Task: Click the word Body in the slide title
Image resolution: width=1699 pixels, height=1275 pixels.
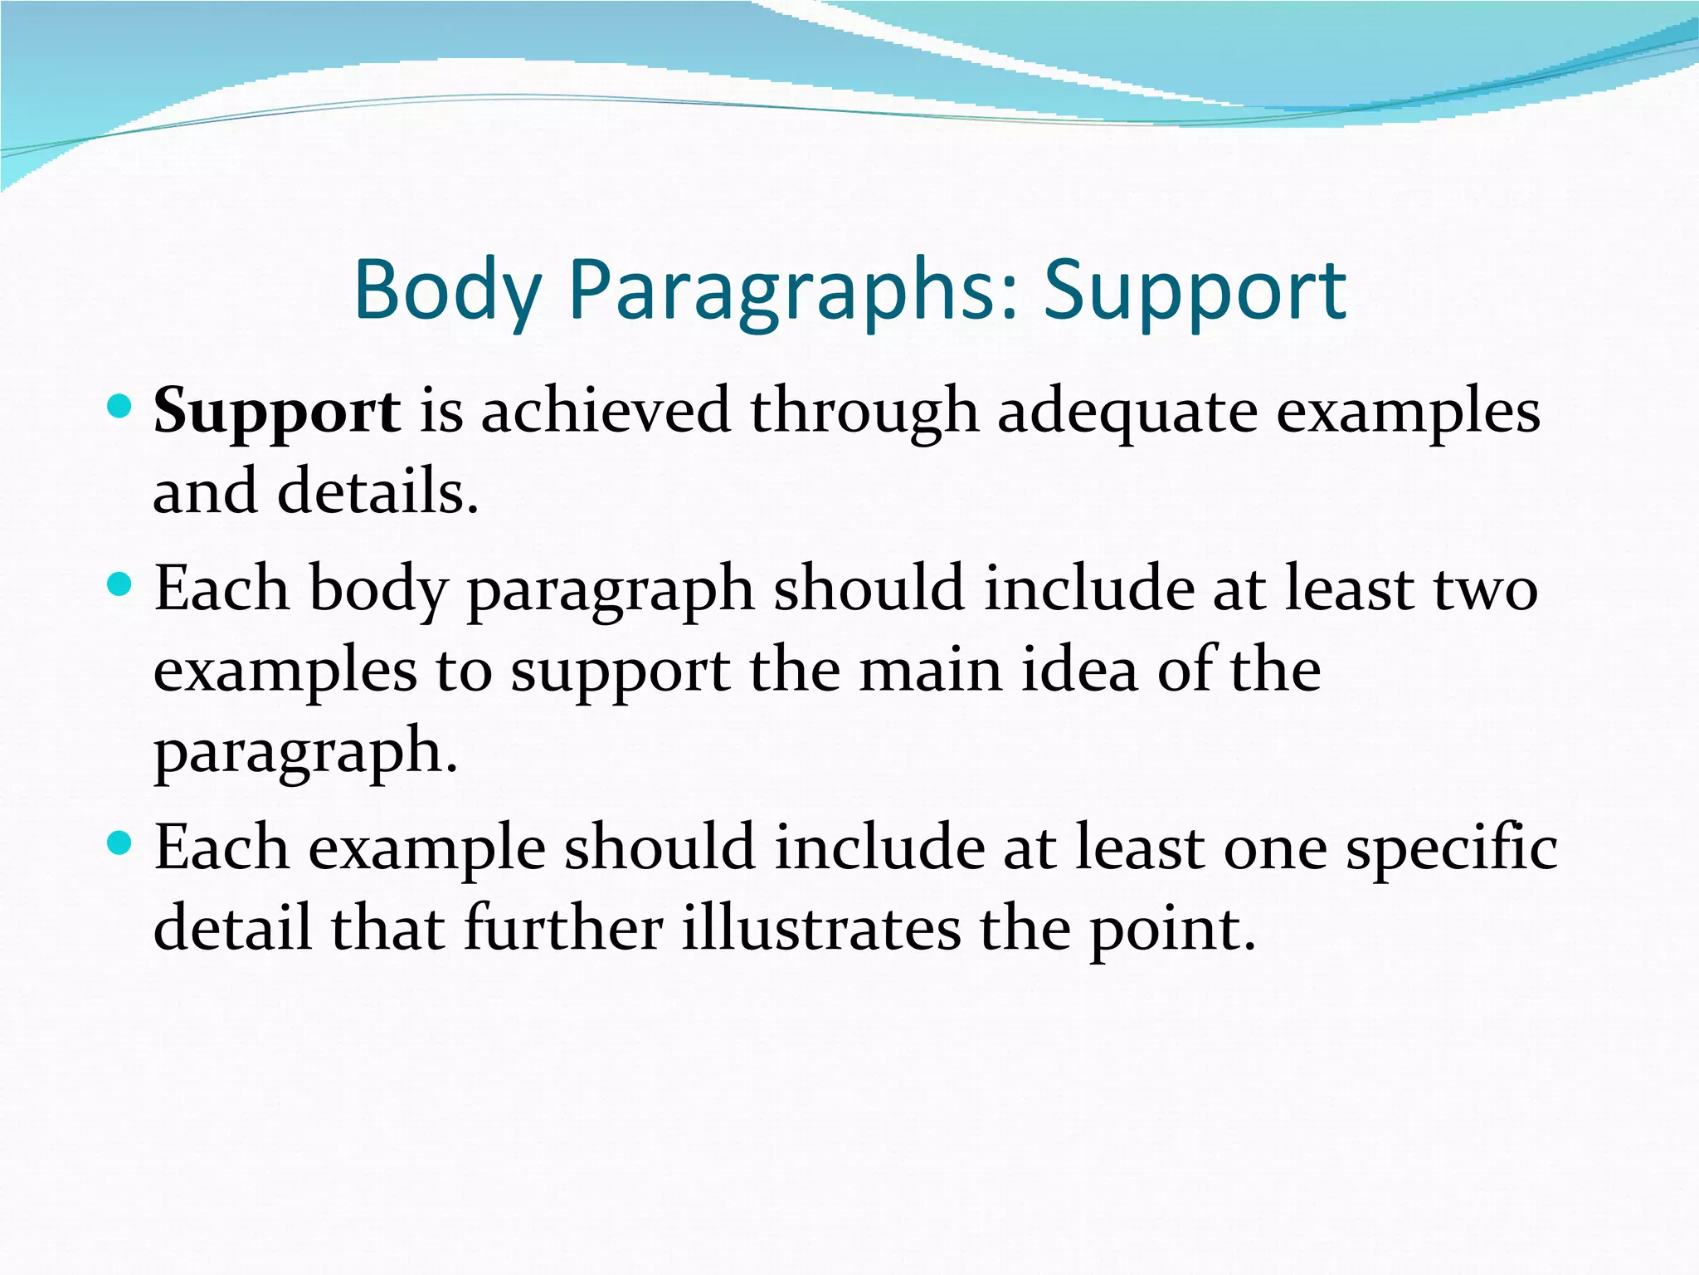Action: pyautogui.click(x=447, y=291)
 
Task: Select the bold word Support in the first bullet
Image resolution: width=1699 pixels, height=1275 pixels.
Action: pyautogui.click(x=277, y=412)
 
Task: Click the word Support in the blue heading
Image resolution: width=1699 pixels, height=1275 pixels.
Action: pyautogui.click(x=1195, y=291)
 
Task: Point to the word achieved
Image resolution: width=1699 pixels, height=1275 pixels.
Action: pyautogui.click(x=606, y=410)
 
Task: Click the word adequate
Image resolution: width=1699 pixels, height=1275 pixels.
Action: pyautogui.click(x=1127, y=412)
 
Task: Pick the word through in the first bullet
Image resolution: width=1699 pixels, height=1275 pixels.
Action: pyautogui.click(x=864, y=412)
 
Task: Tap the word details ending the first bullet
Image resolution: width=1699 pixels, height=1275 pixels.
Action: pyautogui.click(x=377, y=491)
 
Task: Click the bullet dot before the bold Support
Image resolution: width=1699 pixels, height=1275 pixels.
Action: pyautogui.click(x=120, y=407)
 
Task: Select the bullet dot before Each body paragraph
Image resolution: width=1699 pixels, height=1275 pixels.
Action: pyautogui.click(x=120, y=585)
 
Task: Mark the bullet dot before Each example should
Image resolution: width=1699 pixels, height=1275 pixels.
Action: pyautogui.click(x=120, y=845)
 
